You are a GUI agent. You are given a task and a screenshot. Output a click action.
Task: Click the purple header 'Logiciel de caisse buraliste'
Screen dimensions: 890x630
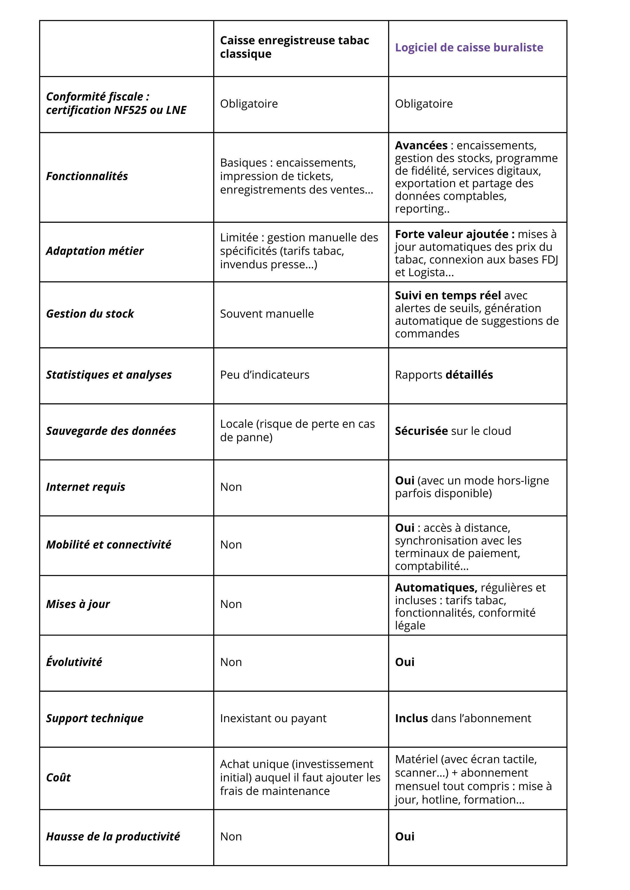[469, 48]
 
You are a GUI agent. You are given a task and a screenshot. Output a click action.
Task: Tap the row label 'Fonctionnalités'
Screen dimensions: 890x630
[87, 176]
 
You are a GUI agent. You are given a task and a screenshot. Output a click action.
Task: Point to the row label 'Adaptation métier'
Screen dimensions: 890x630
[95, 251]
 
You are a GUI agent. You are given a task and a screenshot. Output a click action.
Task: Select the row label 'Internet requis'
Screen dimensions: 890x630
[85, 487]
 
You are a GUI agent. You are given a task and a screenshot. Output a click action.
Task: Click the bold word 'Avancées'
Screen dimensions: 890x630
[421, 145]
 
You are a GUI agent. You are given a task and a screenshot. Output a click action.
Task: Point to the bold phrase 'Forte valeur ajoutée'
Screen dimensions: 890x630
[454, 234]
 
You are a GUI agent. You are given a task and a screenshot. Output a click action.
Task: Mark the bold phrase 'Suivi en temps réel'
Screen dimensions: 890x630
[448, 295]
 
